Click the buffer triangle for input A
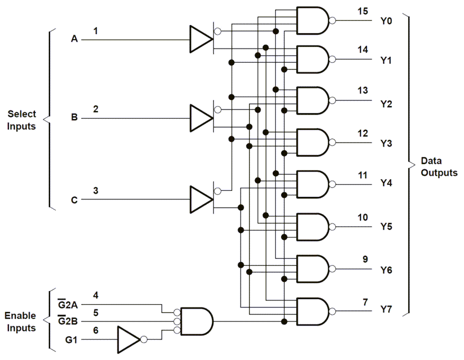(199, 39)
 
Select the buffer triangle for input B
(199, 118)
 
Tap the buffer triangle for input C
(199, 199)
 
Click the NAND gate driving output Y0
(312, 20)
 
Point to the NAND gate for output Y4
(312, 184)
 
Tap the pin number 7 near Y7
(365, 302)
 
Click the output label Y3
(386, 144)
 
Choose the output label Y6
(386, 270)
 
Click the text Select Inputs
(22, 120)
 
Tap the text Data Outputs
(439, 167)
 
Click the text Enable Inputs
(20, 322)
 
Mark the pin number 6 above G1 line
(96, 330)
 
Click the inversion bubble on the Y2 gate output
(332, 100)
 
